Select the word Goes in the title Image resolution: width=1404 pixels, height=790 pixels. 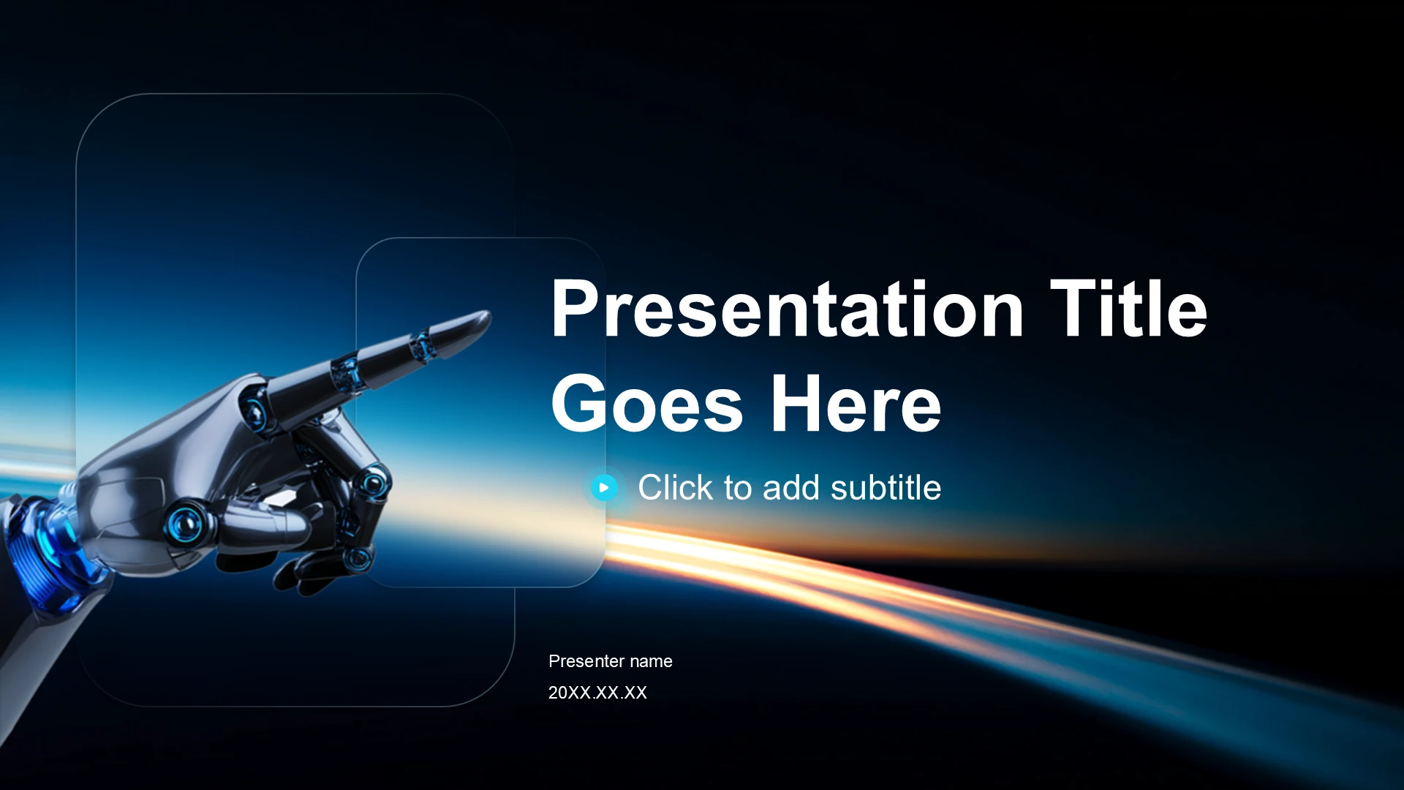[x=647, y=403]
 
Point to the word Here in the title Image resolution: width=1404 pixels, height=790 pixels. [x=856, y=403]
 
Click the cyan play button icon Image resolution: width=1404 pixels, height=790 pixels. [x=604, y=487]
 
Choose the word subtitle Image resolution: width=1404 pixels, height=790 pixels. [x=886, y=487]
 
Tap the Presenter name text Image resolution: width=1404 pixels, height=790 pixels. [x=611, y=661]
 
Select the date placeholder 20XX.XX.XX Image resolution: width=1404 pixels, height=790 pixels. [x=597, y=693]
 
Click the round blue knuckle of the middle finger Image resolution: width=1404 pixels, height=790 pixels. [x=374, y=482]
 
